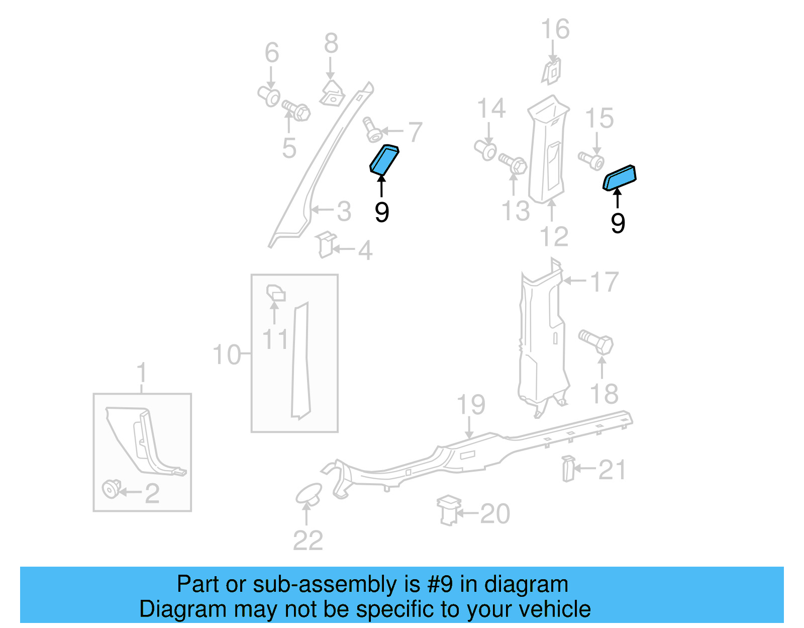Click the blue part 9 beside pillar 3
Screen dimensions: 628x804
pyautogui.click(x=384, y=160)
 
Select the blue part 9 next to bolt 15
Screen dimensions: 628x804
pyautogui.click(x=620, y=177)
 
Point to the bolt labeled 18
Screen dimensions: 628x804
pyautogui.click(x=596, y=342)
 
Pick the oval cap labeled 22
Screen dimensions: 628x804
pyautogui.click(x=309, y=494)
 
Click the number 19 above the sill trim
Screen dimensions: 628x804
pyautogui.click(x=471, y=405)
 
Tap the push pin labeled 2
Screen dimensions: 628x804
pyautogui.click(x=111, y=489)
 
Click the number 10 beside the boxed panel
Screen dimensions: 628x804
pyautogui.click(x=227, y=355)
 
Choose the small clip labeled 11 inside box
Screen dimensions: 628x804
pyautogui.click(x=275, y=293)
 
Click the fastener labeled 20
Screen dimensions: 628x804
pyautogui.click(x=448, y=510)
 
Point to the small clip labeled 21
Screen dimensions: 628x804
pyautogui.click(x=568, y=468)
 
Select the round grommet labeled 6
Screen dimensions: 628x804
pyautogui.click(x=270, y=96)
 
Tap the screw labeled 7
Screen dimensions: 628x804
pyautogui.click(x=372, y=130)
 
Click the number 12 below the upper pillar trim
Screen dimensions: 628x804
pyautogui.click(x=554, y=237)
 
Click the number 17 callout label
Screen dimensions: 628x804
pyautogui.click(x=604, y=283)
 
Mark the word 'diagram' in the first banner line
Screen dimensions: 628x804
pyautogui.click(x=526, y=585)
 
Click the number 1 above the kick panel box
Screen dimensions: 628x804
pyautogui.click(x=142, y=373)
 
